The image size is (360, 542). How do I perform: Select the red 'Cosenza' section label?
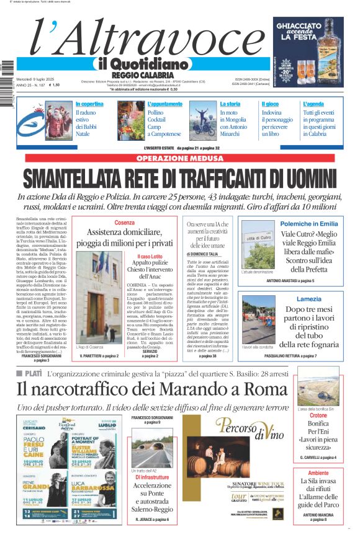[125, 222]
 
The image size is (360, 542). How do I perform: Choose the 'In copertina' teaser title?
[89, 104]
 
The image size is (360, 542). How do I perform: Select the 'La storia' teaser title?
[230, 104]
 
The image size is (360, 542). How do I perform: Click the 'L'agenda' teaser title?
[313, 104]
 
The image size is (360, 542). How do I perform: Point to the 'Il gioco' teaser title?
[270, 104]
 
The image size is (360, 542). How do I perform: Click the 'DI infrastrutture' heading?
[152, 478]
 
